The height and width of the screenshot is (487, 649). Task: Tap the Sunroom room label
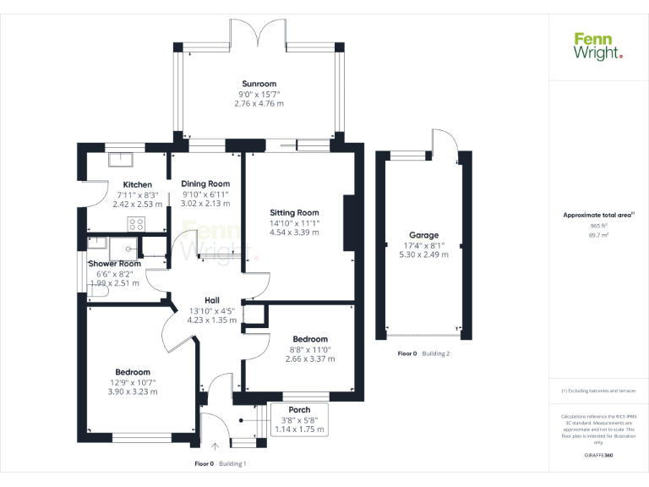[x=259, y=84]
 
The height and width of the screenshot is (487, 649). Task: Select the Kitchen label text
[x=138, y=184]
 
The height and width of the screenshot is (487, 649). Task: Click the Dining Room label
[x=205, y=183]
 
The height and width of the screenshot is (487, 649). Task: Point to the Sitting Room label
[x=294, y=212]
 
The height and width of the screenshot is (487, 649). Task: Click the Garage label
[x=424, y=235]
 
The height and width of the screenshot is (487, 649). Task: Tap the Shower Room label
[x=118, y=264]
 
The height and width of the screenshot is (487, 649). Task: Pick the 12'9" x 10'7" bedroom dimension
[x=133, y=382]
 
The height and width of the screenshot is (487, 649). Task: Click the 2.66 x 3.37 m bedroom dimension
[x=310, y=358]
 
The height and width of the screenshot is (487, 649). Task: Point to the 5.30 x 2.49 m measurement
[x=424, y=254]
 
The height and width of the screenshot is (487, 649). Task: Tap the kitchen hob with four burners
[x=135, y=224]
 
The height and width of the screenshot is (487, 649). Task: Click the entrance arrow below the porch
[x=215, y=446]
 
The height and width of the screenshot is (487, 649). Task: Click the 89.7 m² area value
[x=599, y=236]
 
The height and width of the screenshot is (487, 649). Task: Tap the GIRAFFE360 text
[x=598, y=455]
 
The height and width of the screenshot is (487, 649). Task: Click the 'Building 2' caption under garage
[x=436, y=353]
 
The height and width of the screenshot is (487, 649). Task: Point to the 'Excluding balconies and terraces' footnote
[x=598, y=391]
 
